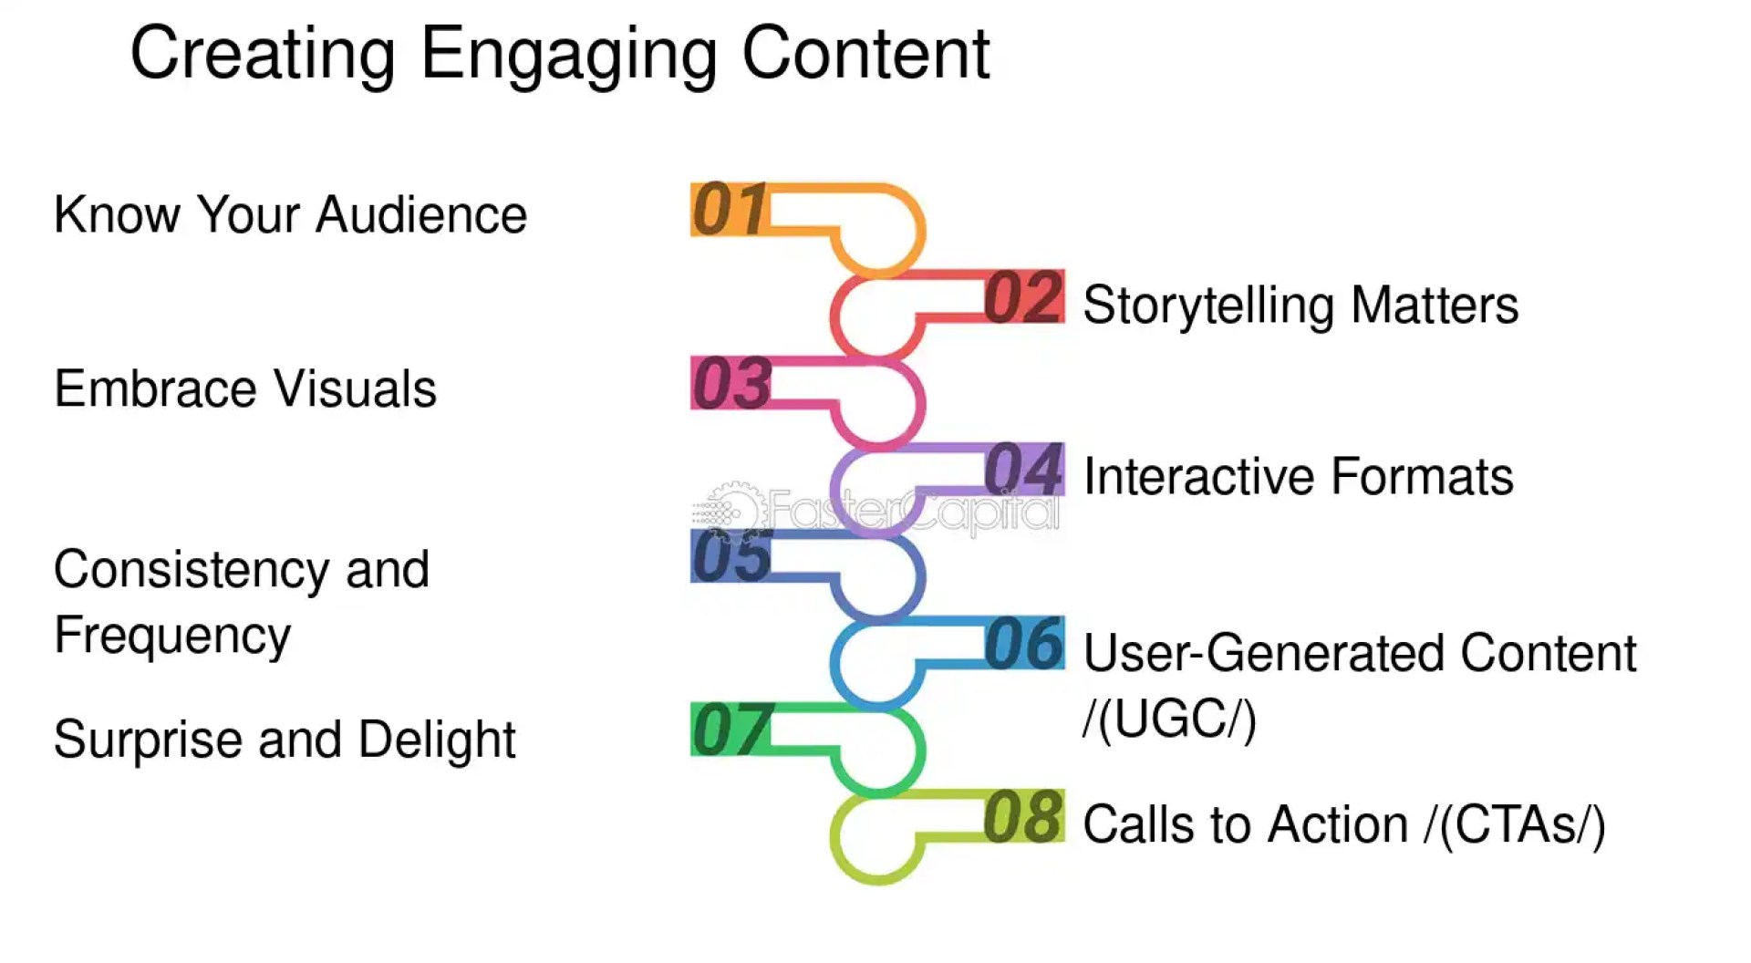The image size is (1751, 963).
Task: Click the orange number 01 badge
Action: [730, 210]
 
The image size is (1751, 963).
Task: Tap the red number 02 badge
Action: [1024, 297]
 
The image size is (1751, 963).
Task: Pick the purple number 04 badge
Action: [1024, 470]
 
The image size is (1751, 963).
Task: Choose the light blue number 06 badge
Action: [1024, 643]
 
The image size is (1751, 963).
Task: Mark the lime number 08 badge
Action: [1024, 816]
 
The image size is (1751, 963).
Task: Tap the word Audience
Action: [421, 215]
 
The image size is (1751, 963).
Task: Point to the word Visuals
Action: [356, 388]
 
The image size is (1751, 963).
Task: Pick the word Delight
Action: [437, 740]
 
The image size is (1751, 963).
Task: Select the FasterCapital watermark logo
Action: [875, 510]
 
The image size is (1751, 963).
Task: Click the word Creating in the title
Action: [263, 55]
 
